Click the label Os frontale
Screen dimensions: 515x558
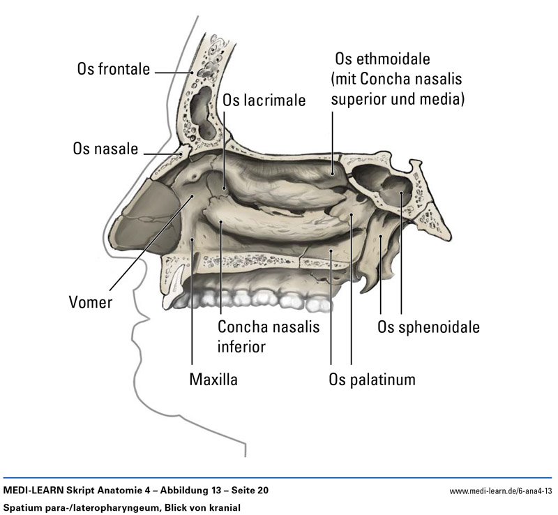click(114, 70)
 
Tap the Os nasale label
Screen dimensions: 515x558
click(105, 149)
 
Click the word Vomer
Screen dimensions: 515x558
click(90, 302)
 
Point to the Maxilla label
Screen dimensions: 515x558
click(213, 380)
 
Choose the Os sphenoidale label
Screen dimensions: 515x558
click(428, 327)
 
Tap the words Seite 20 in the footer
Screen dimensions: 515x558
click(245, 491)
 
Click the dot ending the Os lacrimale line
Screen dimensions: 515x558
click(225, 187)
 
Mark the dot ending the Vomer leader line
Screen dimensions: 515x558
click(192, 197)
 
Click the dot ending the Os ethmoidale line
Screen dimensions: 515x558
click(333, 171)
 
